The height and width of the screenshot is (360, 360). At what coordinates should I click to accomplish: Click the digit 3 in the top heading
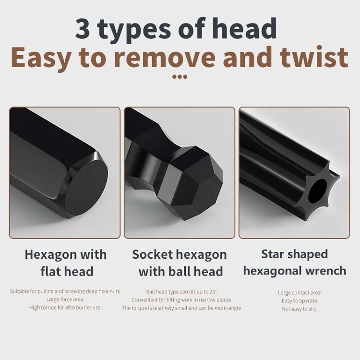click(82, 29)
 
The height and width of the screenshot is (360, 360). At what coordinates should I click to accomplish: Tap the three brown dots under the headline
click(180, 77)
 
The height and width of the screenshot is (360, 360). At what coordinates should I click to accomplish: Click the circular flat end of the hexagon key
click(87, 183)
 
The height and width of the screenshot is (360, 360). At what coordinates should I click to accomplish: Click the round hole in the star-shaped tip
click(317, 191)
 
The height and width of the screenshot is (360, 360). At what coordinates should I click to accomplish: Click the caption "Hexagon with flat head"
click(66, 263)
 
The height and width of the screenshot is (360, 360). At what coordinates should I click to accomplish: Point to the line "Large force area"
click(65, 300)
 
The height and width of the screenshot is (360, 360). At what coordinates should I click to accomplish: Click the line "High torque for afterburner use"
click(65, 307)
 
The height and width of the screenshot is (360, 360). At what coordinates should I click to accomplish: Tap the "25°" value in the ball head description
click(213, 291)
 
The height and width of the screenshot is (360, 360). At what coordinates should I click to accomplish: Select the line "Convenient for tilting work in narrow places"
click(181, 300)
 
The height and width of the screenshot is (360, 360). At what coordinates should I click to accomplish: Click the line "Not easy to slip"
click(299, 309)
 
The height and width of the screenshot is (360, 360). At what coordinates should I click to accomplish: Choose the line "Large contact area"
click(299, 293)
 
